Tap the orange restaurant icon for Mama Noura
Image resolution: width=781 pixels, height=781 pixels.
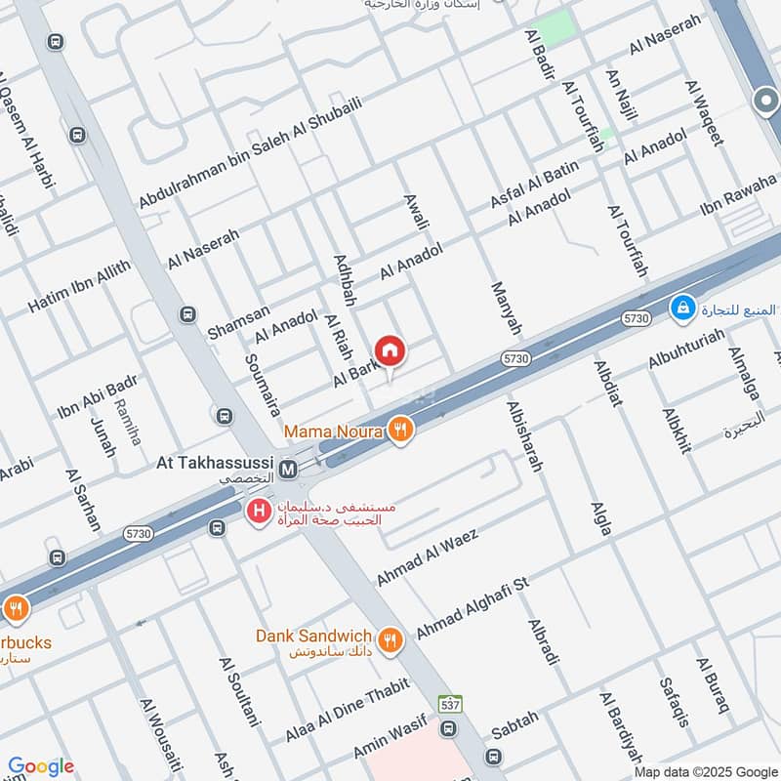click(398, 429)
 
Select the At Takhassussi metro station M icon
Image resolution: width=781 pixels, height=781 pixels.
click(289, 470)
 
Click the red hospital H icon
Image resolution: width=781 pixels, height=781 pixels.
click(259, 510)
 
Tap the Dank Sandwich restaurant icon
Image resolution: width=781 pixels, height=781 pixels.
click(390, 639)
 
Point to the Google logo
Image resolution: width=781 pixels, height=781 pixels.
click(40, 766)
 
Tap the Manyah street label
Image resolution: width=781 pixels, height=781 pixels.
click(507, 307)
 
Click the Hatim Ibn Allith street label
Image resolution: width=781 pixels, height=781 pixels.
click(78, 287)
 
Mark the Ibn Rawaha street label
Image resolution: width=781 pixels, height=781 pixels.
click(737, 197)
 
